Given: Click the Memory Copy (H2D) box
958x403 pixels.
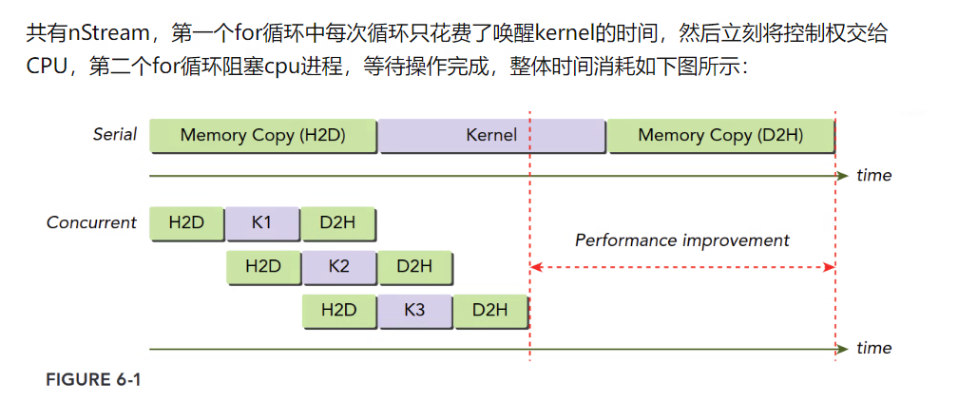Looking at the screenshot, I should pyautogui.click(x=262, y=136).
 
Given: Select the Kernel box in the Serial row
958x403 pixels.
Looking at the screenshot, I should pyautogui.click(x=491, y=136).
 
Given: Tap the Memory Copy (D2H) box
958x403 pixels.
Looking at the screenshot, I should pyautogui.click(x=720, y=136).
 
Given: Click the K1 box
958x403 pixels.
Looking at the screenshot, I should pyautogui.click(x=262, y=223).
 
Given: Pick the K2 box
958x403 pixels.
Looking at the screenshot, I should pyautogui.click(x=338, y=266).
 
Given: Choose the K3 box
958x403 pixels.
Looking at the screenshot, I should pyautogui.click(x=414, y=310).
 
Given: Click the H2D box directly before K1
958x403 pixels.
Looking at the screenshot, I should pyautogui.click(x=186, y=223).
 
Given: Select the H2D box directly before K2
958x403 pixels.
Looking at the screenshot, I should pyautogui.click(x=263, y=266).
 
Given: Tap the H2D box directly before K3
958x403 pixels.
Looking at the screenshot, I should pyautogui.click(x=339, y=310).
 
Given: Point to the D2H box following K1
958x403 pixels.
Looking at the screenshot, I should pyautogui.click(x=337, y=223).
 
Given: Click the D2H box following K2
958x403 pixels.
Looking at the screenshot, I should pyautogui.click(x=414, y=266).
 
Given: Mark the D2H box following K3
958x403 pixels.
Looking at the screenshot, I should pyautogui.click(x=489, y=310).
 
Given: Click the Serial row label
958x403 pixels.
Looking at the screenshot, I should pyautogui.click(x=115, y=134).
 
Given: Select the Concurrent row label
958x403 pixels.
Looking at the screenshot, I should pyautogui.click(x=92, y=222).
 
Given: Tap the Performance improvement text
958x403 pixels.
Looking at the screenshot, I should pyautogui.click(x=681, y=240).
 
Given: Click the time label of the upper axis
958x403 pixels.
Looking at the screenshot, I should pyautogui.click(x=873, y=175).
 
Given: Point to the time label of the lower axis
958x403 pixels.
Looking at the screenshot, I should pyautogui.click(x=873, y=348).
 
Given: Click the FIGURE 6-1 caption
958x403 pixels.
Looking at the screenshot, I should pyautogui.click(x=93, y=380).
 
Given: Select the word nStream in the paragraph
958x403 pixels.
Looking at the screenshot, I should pyautogui.click(x=109, y=36).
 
